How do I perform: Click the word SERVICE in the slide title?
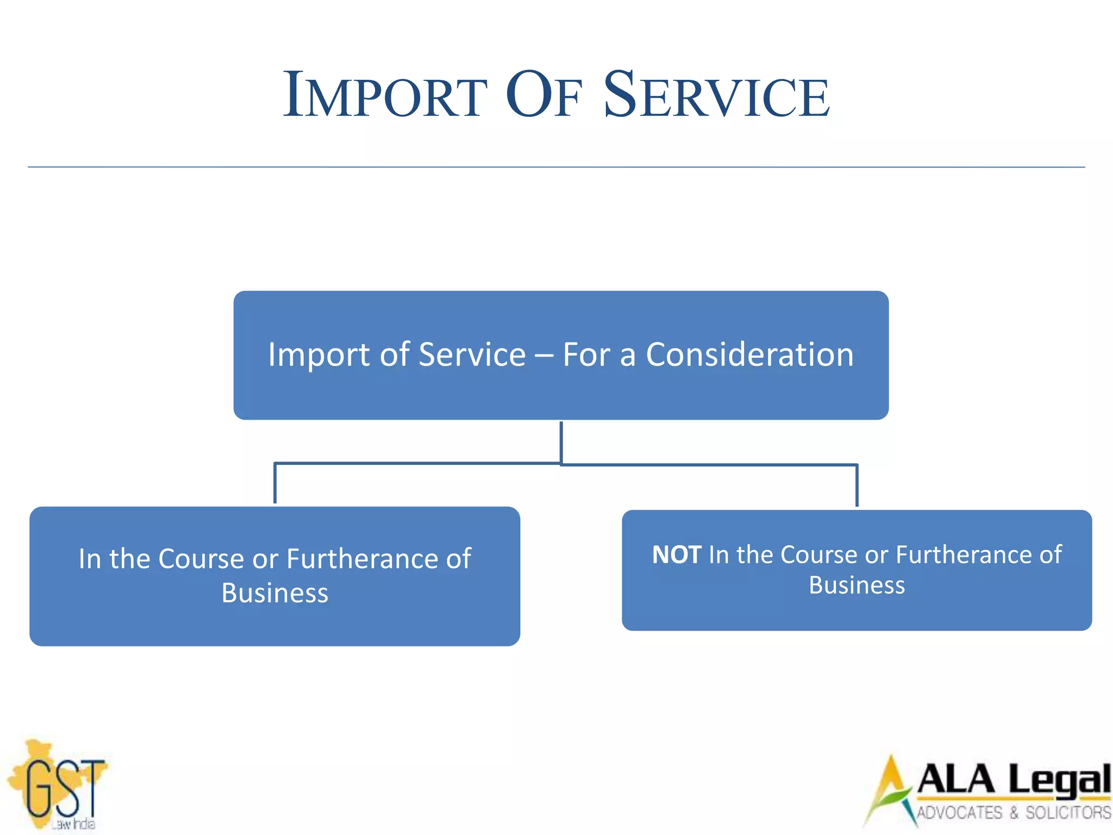pos(716,96)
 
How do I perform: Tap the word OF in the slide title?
pos(543,96)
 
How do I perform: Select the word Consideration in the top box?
pos(749,355)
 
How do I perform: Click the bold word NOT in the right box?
pos(677,555)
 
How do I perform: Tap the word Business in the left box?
pos(275,593)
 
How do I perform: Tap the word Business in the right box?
pos(856,585)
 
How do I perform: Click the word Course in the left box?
pos(201,559)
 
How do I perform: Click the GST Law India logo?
pos(57,786)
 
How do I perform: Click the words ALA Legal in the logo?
pos(1014,780)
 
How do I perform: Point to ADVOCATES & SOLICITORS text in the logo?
pos(1014,813)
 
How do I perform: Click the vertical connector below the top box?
pos(561,441)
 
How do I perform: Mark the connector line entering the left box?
pos(275,484)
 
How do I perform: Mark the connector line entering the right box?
pos(856,485)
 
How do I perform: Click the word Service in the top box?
pos(472,355)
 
